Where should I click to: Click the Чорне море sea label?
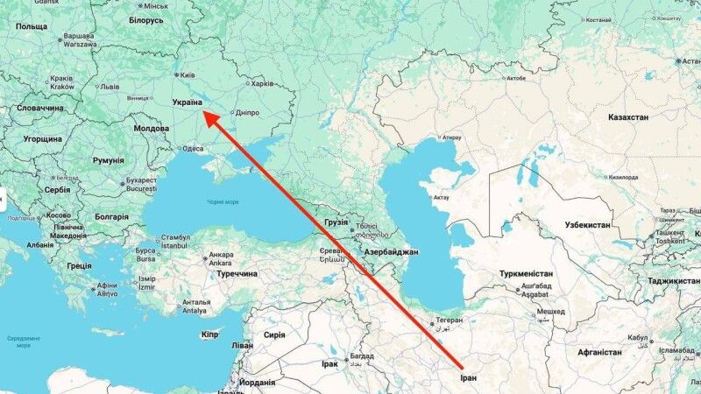(223, 202)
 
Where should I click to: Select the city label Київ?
(191, 75)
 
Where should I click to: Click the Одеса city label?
(193, 149)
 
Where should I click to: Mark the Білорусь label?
(146, 19)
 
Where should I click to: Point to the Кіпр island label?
(209, 334)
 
